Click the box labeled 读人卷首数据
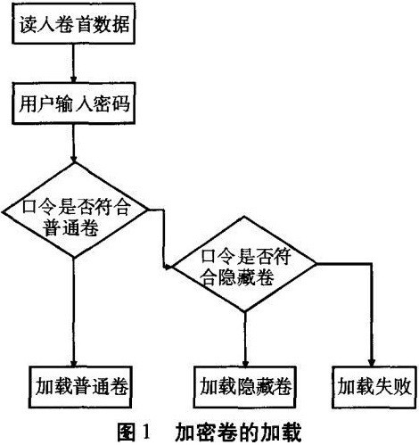73,24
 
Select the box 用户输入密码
73,103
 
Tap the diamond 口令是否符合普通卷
74,210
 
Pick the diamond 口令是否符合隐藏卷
244,264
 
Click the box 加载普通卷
80,387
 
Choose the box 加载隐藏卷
245,387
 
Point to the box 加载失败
374,387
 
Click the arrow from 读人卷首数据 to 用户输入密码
73,63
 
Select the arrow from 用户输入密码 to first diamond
73,144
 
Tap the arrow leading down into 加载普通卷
74,312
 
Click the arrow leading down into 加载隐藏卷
245,339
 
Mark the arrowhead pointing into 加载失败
372,362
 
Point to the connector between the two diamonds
164,238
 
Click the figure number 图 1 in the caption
134,432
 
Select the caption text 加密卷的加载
238,432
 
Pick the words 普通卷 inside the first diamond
70,228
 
